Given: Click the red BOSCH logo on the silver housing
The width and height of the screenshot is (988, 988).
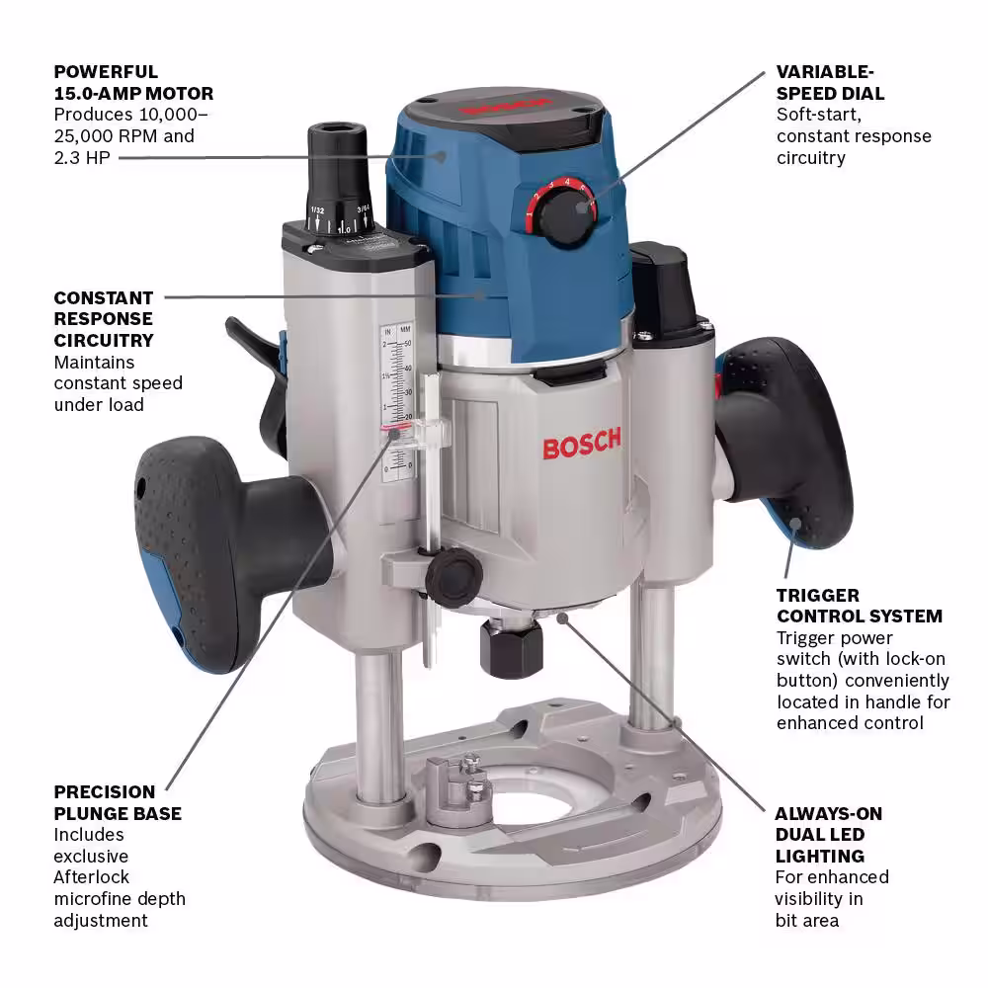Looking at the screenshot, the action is (x=582, y=444).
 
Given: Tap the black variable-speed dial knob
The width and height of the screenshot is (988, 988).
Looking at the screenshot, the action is (x=569, y=216).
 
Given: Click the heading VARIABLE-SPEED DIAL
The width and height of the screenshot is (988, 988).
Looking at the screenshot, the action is (x=830, y=83).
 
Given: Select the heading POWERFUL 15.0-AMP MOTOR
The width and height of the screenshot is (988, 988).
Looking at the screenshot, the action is (x=133, y=83).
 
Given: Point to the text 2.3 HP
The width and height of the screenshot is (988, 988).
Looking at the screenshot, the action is (x=82, y=157).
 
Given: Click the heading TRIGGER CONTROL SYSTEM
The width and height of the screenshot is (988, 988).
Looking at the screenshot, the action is (x=860, y=606).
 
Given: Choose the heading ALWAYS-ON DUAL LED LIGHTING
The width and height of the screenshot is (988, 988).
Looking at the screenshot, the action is (x=829, y=835).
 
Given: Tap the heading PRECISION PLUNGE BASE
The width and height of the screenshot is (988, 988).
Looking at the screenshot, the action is (x=118, y=802).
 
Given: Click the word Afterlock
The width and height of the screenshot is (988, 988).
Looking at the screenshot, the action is (x=91, y=877).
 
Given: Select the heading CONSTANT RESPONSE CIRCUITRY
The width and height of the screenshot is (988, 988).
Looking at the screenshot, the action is (x=104, y=319).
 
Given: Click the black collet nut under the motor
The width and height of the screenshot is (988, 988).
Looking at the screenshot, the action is (x=511, y=648).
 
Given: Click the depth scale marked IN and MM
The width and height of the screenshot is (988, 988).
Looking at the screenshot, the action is (x=397, y=403).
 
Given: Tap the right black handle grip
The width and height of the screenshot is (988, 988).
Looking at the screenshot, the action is (x=784, y=441).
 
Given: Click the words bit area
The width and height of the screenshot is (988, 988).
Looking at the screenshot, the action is (x=806, y=921).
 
